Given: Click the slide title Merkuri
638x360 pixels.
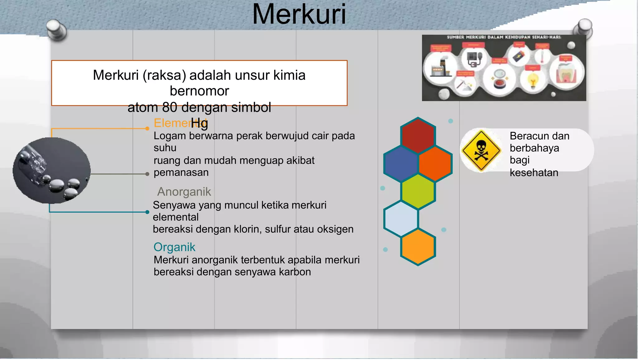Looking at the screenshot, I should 299,14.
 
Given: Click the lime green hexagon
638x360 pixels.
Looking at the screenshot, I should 418,191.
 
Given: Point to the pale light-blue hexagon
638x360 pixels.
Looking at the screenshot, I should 401,218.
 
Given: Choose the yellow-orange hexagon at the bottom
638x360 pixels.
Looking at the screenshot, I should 418,247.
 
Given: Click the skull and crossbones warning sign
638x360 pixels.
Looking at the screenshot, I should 481,151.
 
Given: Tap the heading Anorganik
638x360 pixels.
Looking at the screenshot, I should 184,192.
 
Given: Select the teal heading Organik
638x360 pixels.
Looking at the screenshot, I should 174,247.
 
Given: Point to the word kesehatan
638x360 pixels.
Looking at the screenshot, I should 534,173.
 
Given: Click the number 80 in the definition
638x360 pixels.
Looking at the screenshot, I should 170,108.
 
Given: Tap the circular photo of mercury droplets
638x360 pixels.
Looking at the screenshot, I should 52,170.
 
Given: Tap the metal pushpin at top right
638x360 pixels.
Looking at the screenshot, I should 583,28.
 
